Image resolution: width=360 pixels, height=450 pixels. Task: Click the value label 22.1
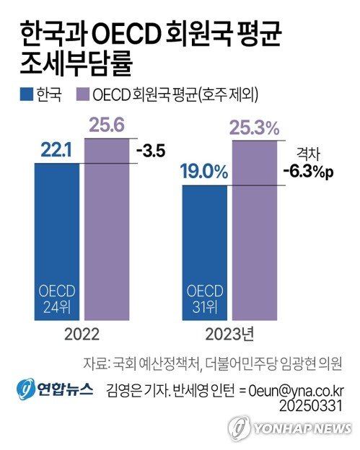(x=56, y=149)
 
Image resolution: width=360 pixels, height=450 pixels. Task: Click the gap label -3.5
(x=150, y=151)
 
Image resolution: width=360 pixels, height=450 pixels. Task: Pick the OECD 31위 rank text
(x=205, y=299)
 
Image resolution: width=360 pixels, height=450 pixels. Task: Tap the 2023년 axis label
(x=231, y=335)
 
